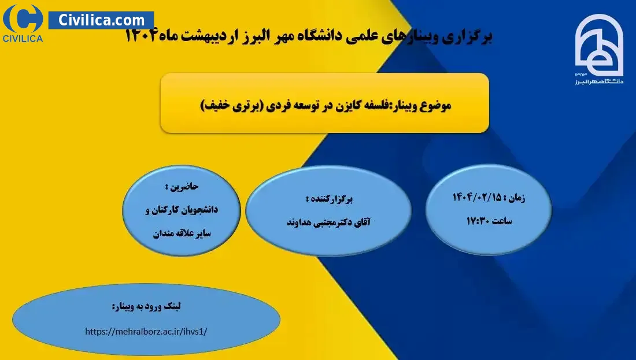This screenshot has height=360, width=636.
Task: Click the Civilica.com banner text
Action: (x=101, y=20)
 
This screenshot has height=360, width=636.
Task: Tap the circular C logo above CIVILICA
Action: (x=23, y=18)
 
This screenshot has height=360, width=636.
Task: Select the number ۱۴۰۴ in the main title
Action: (x=140, y=36)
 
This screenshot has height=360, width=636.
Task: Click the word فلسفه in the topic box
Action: (x=373, y=105)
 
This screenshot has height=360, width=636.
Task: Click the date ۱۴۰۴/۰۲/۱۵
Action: (x=476, y=198)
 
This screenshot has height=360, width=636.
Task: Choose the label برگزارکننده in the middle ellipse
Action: (x=330, y=199)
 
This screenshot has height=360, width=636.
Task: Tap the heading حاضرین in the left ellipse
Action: (x=182, y=187)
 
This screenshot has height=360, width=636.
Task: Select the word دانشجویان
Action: (x=199, y=210)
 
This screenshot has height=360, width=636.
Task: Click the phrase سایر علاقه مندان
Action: (x=182, y=233)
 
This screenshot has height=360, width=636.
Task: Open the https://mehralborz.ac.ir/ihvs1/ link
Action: (x=146, y=331)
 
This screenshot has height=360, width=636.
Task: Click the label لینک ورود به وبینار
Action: (x=146, y=306)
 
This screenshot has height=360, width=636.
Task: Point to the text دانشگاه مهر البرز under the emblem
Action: (x=599, y=81)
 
